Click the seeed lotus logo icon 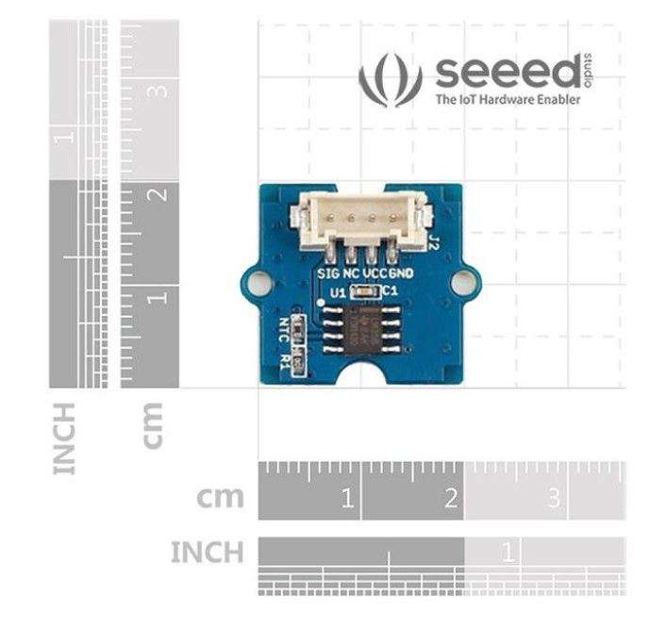391,79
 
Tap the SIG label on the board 328,273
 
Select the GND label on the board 401,273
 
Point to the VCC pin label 375,273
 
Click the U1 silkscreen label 339,293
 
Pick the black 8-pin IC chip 362,330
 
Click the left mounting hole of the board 258,282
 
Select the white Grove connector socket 361,221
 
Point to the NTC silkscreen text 283,330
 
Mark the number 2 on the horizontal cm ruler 451,498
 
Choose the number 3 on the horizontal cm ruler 554,498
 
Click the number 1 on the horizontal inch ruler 508,552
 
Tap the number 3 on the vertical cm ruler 158,91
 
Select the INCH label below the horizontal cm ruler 208,552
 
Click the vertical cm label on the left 153,425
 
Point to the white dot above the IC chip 322,303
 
